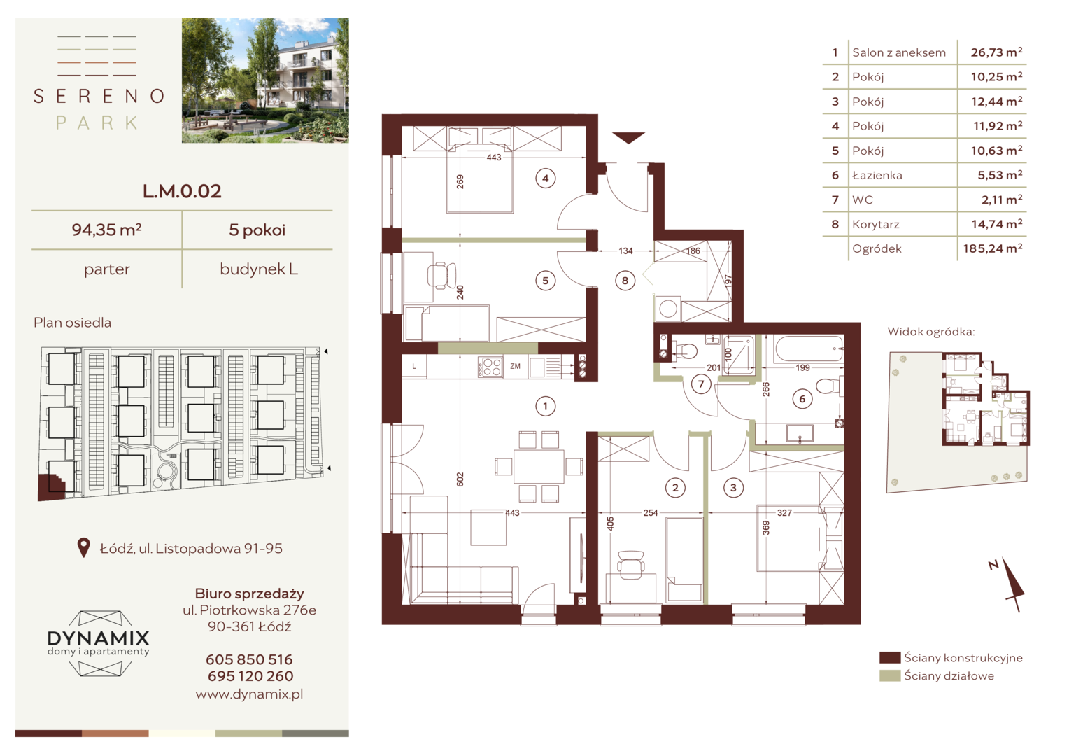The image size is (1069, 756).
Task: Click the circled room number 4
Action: (546, 178)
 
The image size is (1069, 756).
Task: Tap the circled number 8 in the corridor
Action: (625, 281)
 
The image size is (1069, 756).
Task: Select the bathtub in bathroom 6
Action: (809, 349)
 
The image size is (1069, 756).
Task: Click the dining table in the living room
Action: (539, 467)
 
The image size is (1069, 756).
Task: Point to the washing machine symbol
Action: (667, 309)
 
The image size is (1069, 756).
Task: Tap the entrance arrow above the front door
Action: (628, 137)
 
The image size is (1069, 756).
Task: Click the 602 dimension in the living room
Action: (460, 479)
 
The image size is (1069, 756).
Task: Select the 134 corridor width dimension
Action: (625, 251)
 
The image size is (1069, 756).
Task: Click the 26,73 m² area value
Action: (996, 52)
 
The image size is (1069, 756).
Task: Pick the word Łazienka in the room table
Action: (877, 175)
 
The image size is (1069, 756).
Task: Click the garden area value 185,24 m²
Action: (993, 248)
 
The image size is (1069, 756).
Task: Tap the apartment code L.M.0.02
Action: (182, 191)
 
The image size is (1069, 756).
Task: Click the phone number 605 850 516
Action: (249, 659)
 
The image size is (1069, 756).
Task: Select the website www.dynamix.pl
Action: (249, 694)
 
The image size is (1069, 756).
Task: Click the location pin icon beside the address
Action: (83, 547)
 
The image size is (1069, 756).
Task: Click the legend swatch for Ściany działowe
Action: (890, 675)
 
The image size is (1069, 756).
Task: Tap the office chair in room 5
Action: (440, 275)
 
